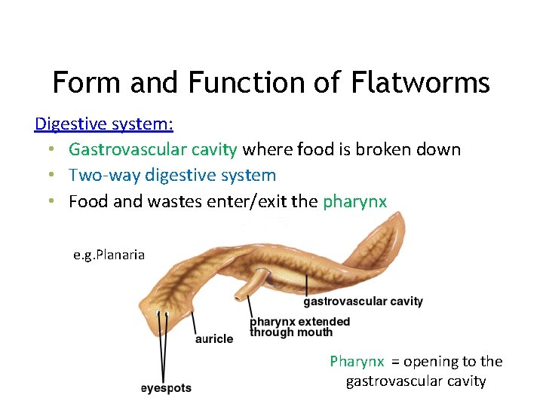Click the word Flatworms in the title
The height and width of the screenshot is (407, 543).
(x=421, y=82)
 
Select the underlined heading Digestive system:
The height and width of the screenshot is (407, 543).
(x=104, y=123)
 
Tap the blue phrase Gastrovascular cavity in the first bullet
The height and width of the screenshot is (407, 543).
(x=153, y=149)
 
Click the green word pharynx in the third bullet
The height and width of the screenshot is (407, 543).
(x=354, y=201)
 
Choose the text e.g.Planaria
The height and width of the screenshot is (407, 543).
(x=109, y=255)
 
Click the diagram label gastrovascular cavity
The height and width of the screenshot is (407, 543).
(x=363, y=301)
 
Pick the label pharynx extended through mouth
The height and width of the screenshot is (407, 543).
(x=299, y=326)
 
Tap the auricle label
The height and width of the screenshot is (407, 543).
(x=214, y=339)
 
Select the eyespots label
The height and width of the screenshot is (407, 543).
(x=166, y=388)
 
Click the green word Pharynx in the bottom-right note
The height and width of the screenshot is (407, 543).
(x=357, y=362)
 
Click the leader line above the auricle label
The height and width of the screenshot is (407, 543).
(x=195, y=321)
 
